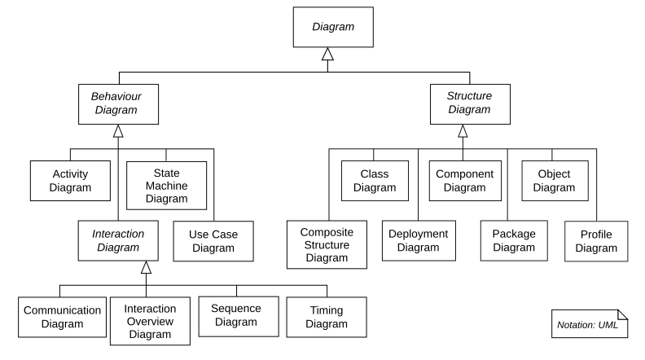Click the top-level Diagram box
[x=333, y=27]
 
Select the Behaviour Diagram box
[x=118, y=104]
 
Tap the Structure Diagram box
[x=470, y=104]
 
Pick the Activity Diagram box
[x=70, y=181]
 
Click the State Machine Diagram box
[x=167, y=186]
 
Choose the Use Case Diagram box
[x=213, y=241]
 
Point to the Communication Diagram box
[x=62, y=317]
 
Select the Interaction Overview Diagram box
[x=150, y=321]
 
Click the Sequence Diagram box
[x=239, y=316]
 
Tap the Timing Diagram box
[x=327, y=317]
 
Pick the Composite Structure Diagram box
[x=327, y=244]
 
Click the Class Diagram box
[x=375, y=181]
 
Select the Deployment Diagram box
[x=419, y=241]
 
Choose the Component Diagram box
[x=465, y=181]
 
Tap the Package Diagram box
[x=514, y=241]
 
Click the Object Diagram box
[x=555, y=181]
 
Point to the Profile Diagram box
[x=596, y=241]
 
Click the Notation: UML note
[x=590, y=324]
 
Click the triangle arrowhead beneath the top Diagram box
[x=327, y=54]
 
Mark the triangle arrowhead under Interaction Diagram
[x=146, y=267]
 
